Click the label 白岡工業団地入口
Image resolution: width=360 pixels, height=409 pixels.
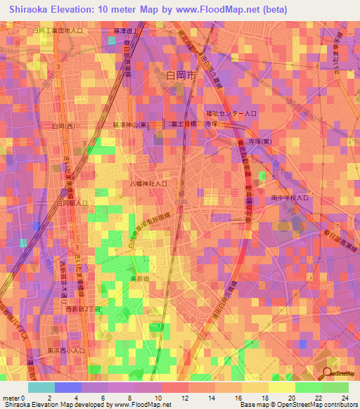point(58,32)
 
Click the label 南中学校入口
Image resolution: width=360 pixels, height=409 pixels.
point(291,199)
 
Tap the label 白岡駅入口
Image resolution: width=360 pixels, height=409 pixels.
point(71,202)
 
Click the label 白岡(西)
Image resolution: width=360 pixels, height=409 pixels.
point(65,126)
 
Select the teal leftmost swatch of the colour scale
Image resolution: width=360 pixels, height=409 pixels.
point(41,387)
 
